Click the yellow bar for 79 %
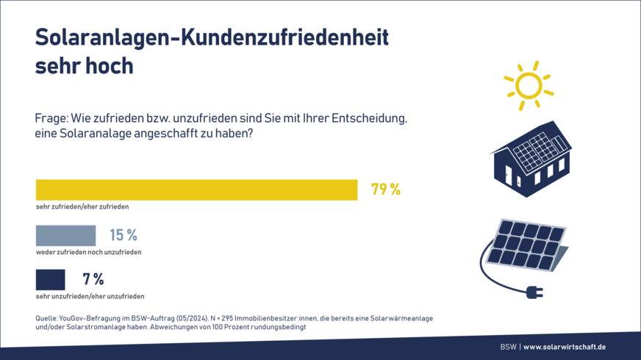tap(196, 190)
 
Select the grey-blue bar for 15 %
tap(65, 235)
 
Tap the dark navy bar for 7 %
tap(50, 279)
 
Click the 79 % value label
tap(385, 190)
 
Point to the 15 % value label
tap(123, 235)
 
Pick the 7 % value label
tap(93, 279)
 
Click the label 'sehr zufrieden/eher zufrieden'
tap(82, 207)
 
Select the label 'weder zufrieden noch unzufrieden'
tap(88, 252)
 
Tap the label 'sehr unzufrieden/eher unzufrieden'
tap(90, 296)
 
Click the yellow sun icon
tap(528, 85)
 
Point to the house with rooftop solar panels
tap(531, 155)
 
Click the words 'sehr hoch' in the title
tap(84, 65)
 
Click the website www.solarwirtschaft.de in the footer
tap(565, 347)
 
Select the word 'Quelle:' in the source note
tap(48, 318)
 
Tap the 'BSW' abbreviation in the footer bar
tap(508, 347)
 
